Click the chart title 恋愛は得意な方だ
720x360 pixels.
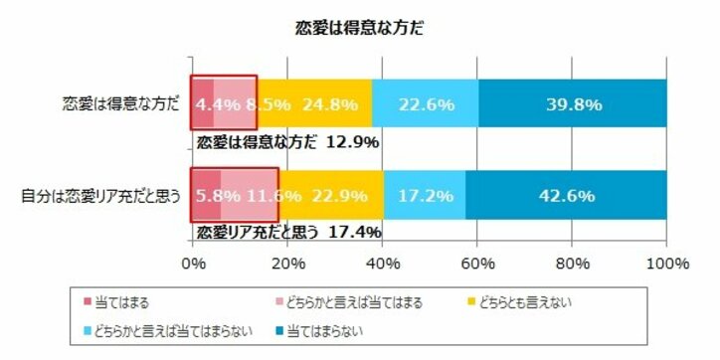pos(360,28)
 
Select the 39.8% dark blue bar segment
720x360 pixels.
pos(572,102)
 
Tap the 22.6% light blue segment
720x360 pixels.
pos(426,102)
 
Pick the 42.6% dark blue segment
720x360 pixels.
pos(566,196)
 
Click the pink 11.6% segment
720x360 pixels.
pos(249,196)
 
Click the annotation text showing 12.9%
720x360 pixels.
pos(287,142)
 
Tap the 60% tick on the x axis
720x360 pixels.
pos(477,265)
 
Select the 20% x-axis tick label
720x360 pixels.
pos(287,265)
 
